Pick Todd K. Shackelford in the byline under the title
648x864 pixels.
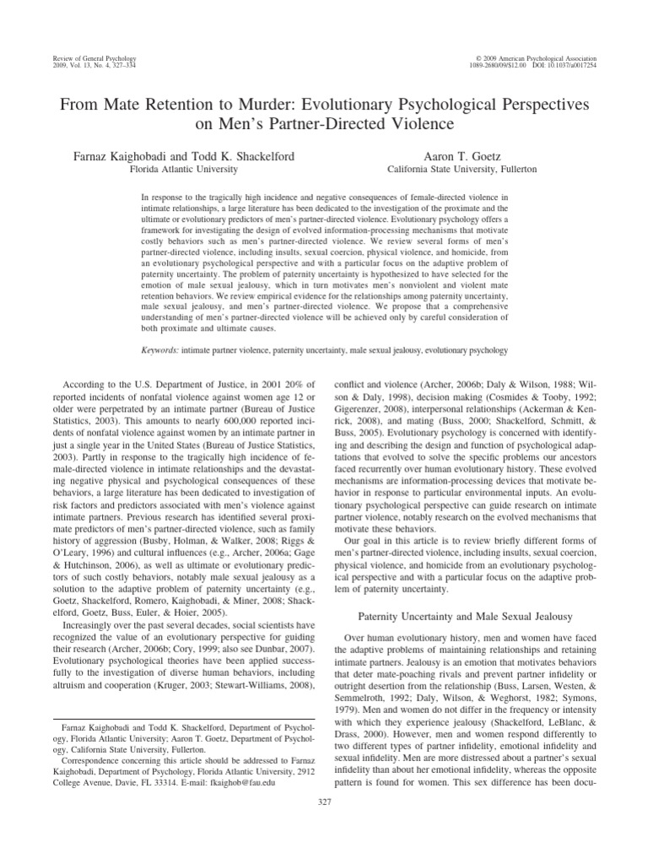[x=253, y=157]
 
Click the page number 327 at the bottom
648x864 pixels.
[x=324, y=826]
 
